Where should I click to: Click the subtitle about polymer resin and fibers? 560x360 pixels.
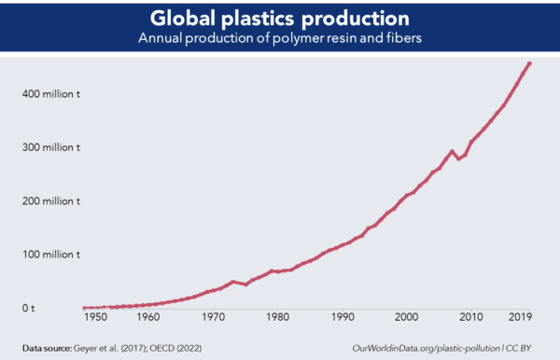click(280, 39)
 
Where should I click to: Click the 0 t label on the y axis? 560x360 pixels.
click(28, 307)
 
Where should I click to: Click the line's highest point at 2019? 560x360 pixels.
click(529, 63)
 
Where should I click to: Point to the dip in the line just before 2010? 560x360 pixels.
click(457, 159)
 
